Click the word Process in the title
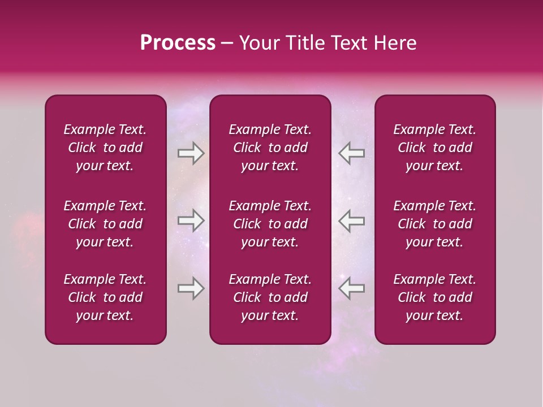[178, 43]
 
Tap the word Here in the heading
[393, 43]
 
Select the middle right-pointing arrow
[191, 220]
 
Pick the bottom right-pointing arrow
[191, 288]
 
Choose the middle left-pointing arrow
[351, 220]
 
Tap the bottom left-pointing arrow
[351, 288]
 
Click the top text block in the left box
[105, 148]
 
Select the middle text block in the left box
[105, 224]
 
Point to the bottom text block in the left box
[105, 297]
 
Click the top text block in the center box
[270, 148]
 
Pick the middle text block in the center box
[270, 224]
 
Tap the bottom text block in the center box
[270, 297]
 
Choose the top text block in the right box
[434, 148]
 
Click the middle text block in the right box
[434, 224]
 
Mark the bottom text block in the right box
[434, 297]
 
